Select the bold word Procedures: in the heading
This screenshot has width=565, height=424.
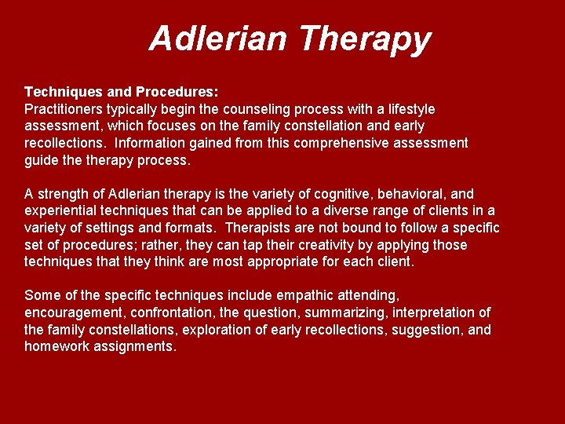174,92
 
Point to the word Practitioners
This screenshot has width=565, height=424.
66,109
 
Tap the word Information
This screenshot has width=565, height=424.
149,143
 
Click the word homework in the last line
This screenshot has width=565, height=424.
60,346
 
